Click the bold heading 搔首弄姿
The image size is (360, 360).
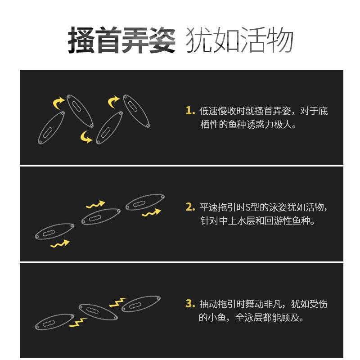point(121,40)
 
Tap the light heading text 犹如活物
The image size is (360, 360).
point(239,40)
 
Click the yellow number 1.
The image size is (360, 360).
point(190,110)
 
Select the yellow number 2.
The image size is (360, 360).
point(190,207)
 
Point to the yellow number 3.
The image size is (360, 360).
point(190,303)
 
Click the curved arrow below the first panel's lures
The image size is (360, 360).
point(85,138)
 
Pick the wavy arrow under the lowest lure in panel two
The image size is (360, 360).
point(60,244)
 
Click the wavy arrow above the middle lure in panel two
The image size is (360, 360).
point(95,205)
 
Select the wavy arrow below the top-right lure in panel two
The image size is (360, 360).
point(151,213)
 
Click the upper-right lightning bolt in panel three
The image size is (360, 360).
point(118,302)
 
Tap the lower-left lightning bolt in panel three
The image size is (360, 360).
point(78,323)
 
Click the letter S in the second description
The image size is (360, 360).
point(248,207)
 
